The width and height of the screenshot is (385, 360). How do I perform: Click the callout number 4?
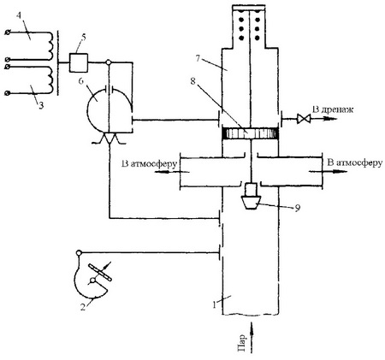pos(18,15)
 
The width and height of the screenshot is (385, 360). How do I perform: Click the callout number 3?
pos(41,106)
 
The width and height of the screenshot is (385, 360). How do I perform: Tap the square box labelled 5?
pos(79,62)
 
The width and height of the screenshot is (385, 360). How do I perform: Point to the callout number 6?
pos(80,81)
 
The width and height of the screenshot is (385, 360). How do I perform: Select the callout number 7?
pos(198,58)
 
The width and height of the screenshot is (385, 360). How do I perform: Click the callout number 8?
pos(193,81)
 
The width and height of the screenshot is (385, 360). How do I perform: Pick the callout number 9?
pos(297,209)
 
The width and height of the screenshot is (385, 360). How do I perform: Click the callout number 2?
pos(83,307)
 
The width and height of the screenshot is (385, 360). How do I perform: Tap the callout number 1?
pos(214,305)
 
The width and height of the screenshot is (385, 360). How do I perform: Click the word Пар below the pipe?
pos(241,343)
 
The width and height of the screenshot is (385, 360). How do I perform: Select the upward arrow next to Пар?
pos(252,338)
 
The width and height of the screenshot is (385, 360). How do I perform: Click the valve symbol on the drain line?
pos(302,118)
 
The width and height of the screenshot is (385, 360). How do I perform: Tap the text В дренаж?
pos(333,109)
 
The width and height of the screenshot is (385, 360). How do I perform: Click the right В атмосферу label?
pos(355,162)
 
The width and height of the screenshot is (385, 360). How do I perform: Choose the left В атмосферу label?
pos(150,164)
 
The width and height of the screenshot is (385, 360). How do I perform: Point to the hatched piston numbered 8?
pos(251,133)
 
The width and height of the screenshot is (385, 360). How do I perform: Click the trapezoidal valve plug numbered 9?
pos(251,203)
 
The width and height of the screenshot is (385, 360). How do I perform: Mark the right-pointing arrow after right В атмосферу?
pos(328,171)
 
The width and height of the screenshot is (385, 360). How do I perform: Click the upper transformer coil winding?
pos(50,45)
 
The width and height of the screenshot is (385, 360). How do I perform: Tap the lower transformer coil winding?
pos(50,80)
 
